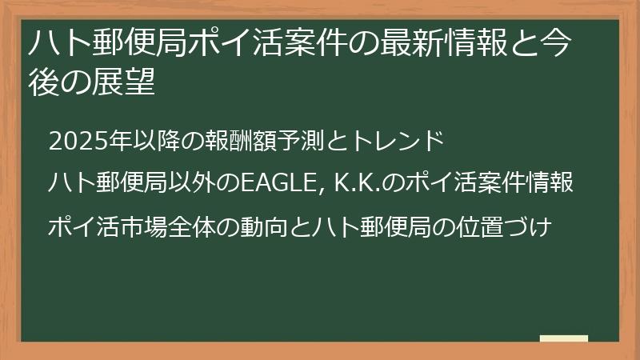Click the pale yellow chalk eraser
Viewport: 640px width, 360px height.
click(x=563, y=339)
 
